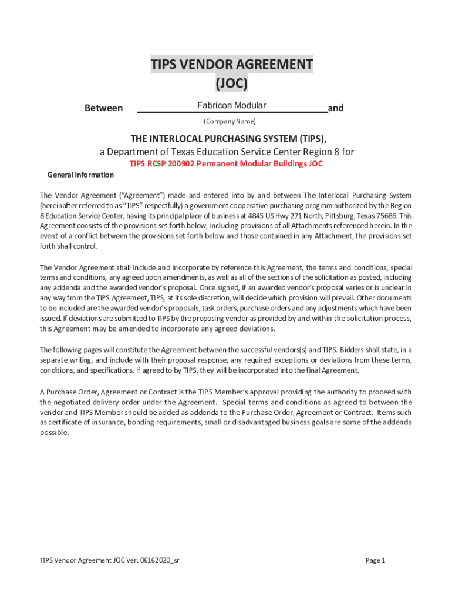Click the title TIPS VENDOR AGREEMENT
(x=231, y=64)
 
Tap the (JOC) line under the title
(x=231, y=84)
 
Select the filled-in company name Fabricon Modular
(x=231, y=105)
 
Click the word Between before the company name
(x=104, y=108)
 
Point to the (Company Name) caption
(x=230, y=122)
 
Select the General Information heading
(x=80, y=175)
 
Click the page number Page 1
(x=375, y=560)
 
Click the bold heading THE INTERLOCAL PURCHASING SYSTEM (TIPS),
(x=229, y=139)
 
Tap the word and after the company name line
(x=336, y=108)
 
